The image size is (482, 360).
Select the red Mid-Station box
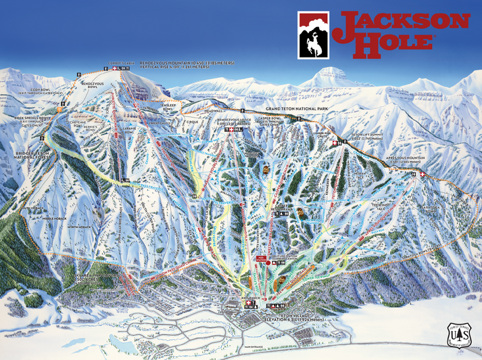tap(262, 258)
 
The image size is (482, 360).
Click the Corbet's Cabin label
tap(118, 63)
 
